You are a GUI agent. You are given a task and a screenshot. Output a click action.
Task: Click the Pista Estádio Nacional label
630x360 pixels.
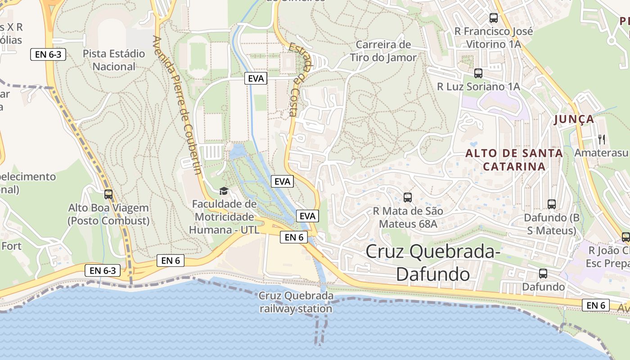(114, 60)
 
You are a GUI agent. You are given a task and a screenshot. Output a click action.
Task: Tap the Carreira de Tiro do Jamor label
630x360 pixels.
(383, 51)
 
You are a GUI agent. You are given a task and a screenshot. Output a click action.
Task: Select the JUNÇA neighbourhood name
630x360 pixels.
(574, 119)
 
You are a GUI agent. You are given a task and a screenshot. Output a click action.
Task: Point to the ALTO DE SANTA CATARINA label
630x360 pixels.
(514, 160)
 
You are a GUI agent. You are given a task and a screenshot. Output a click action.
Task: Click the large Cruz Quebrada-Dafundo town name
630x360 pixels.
(433, 262)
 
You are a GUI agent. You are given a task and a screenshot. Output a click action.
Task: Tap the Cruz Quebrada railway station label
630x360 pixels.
(296, 302)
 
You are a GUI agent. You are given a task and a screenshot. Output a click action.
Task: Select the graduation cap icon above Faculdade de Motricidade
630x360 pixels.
(224, 191)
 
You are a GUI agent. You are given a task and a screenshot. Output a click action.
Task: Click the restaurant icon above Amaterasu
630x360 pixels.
(602, 139)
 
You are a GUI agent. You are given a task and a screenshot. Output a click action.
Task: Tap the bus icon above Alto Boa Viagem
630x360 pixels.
(108, 194)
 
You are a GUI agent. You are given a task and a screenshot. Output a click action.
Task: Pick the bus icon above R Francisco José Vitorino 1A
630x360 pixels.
(494, 18)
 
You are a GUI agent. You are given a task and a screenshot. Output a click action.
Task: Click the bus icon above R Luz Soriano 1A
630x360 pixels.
(478, 73)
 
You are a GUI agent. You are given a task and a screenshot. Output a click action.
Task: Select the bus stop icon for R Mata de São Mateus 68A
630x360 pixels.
(408, 197)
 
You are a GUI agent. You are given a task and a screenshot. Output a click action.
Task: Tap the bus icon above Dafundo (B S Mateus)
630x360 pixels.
(552, 204)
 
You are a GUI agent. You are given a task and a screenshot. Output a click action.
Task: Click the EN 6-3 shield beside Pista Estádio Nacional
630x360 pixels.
(48, 55)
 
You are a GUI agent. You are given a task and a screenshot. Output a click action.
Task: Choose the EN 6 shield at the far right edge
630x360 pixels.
(596, 305)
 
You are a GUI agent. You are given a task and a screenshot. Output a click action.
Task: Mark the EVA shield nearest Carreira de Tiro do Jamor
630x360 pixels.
(256, 78)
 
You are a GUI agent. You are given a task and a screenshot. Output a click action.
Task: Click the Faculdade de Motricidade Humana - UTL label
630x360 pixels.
(224, 217)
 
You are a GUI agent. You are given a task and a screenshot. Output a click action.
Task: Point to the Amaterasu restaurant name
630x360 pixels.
(601, 153)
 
